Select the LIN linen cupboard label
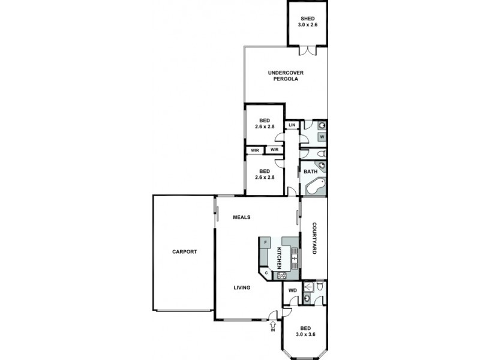(x=292, y=125)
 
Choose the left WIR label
(x=254, y=150)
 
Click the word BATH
(x=310, y=172)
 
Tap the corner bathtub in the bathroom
(x=316, y=187)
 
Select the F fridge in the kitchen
(x=266, y=242)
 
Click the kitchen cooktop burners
(x=281, y=276)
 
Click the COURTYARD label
(x=314, y=239)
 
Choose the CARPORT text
(x=184, y=252)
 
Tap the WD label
(x=293, y=291)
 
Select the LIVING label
(x=242, y=288)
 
